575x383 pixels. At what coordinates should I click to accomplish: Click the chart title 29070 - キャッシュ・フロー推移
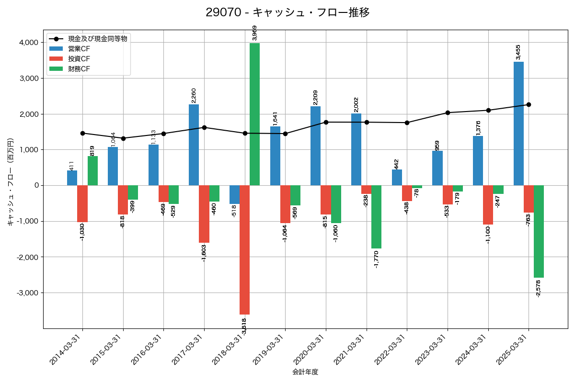point(287,12)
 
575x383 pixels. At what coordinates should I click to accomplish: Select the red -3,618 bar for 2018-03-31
point(244,249)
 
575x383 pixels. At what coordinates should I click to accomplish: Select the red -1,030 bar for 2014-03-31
point(82,203)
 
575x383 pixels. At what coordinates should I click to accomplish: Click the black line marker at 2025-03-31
point(529,104)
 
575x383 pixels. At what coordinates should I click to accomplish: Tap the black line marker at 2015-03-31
point(123,138)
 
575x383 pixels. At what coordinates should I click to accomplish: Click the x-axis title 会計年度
point(305,372)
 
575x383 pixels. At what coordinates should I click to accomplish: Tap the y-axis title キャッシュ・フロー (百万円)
point(10,182)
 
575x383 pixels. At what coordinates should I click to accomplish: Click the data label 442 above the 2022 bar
point(396,164)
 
